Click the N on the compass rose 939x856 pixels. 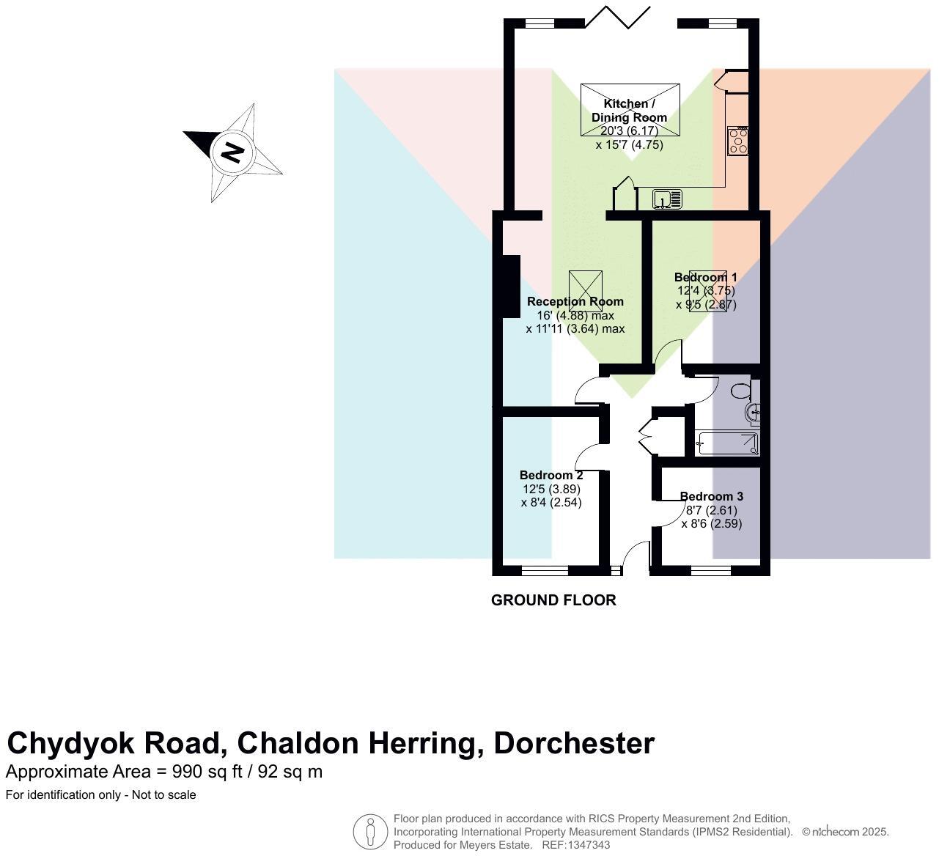(x=232, y=152)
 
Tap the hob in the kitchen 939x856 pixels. (x=737, y=141)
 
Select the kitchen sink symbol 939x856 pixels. (x=666, y=199)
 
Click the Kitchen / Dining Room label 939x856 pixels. (x=629, y=111)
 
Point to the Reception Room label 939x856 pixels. (x=575, y=301)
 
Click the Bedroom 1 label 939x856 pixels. (x=705, y=277)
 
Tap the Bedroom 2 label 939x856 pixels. (x=550, y=475)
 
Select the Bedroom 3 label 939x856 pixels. (x=711, y=496)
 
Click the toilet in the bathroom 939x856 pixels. (x=742, y=391)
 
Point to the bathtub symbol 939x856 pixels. (x=727, y=443)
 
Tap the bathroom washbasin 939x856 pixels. (x=754, y=413)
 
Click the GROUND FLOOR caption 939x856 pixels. (x=553, y=600)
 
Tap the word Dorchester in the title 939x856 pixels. (x=574, y=743)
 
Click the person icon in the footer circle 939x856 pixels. (x=370, y=833)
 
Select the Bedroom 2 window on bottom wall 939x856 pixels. (x=545, y=569)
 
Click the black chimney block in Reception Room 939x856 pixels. (x=510, y=287)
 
